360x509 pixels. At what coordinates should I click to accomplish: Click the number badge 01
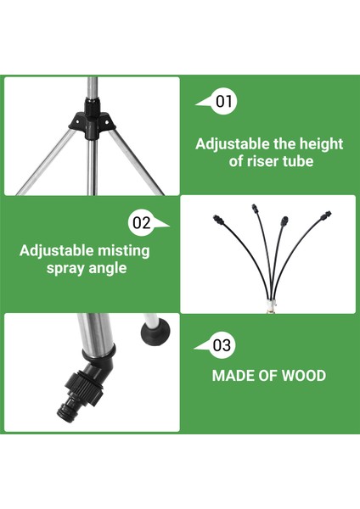224,102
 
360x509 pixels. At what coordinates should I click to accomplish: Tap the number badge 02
142,223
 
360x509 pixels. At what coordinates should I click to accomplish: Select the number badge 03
221,345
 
